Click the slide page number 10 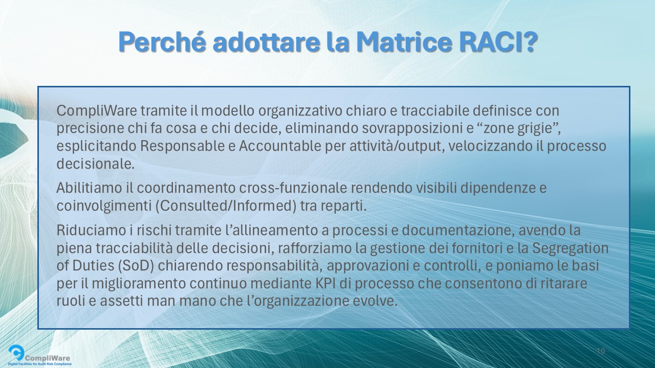pyautogui.click(x=601, y=351)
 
